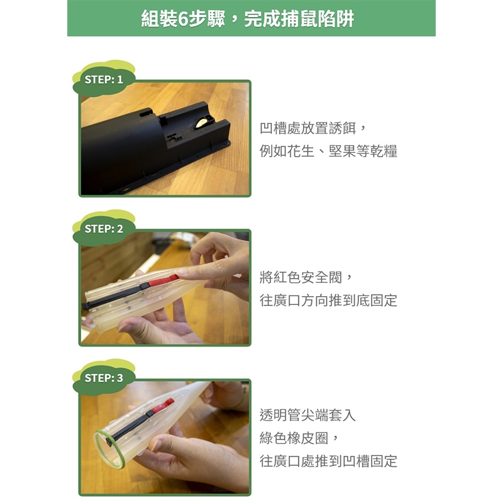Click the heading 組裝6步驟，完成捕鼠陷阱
pos(248,19)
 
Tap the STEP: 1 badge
pos(104,80)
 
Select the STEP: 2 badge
pos(104,229)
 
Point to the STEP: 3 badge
pos(104,378)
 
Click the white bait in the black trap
pos(202,122)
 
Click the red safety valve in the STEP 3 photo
pos(163,406)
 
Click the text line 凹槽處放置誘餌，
pos(312,128)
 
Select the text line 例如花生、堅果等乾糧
pos(328,151)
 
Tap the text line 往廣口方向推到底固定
pos(328,301)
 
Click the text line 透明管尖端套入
pos(307,415)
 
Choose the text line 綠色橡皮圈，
pos(299,438)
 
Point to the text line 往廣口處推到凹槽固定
pos(328,461)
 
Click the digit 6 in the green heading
pos(183,19)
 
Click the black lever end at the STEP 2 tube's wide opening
pos(86,305)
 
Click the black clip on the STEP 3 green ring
pos(109,443)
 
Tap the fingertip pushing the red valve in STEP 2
pos(180,272)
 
